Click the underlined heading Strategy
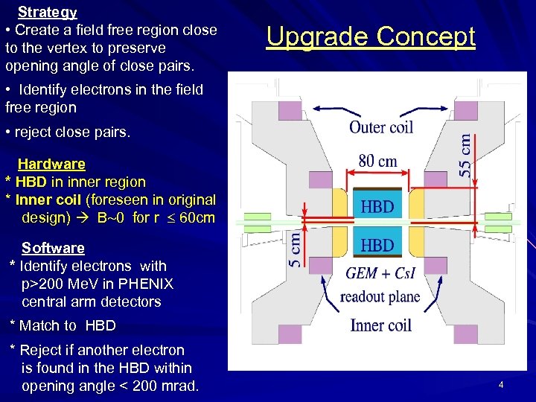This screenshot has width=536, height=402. (x=47, y=12)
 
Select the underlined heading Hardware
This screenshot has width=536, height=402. (x=51, y=164)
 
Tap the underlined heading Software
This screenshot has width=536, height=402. (x=53, y=248)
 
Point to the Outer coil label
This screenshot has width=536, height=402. (x=380, y=127)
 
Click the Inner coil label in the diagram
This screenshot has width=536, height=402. (x=380, y=325)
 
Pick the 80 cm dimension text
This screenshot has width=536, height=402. (x=377, y=161)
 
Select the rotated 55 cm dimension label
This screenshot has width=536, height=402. (x=463, y=155)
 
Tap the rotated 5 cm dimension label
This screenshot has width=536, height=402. (x=296, y=248)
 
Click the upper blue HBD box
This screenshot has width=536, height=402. (x=377, y=206)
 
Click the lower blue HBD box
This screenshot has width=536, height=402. (x=377, y=243)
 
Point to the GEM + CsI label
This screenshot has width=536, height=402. (x=380, y=274)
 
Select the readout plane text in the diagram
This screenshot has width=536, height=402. (x=380, y=297)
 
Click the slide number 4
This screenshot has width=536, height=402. (x=501, y=385)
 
